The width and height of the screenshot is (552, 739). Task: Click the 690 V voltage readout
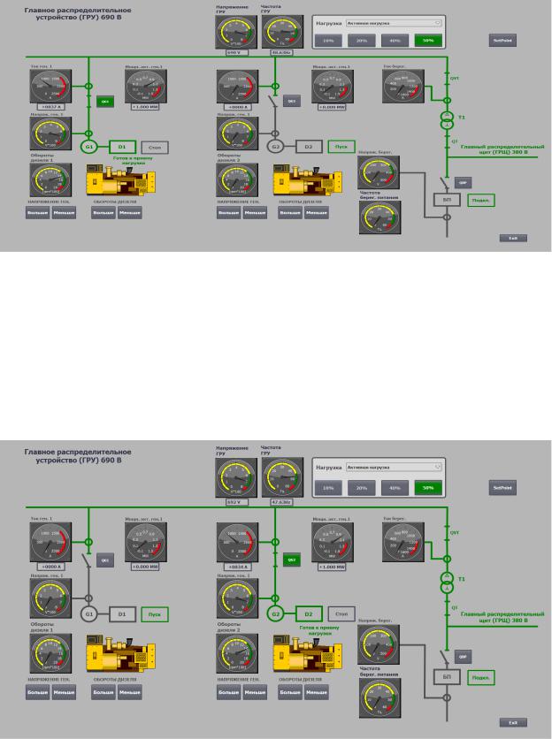click(234, 53)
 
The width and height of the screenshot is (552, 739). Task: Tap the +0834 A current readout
click(234, 565)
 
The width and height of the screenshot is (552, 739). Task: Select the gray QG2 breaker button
click(292, 102)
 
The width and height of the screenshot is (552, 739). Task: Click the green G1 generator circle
click(88, 146)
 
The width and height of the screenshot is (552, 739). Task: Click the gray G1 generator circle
click(88, 612)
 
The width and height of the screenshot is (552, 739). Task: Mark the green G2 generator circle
click(276, 612)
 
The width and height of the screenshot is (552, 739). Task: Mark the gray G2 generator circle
click(276, 146)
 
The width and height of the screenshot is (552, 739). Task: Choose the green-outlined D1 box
click(123, 146)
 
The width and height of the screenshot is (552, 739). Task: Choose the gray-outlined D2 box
click(308, 146)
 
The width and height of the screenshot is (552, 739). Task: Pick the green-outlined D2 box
click(308, 612)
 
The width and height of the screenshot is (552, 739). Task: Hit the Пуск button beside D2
click(340, 146)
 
